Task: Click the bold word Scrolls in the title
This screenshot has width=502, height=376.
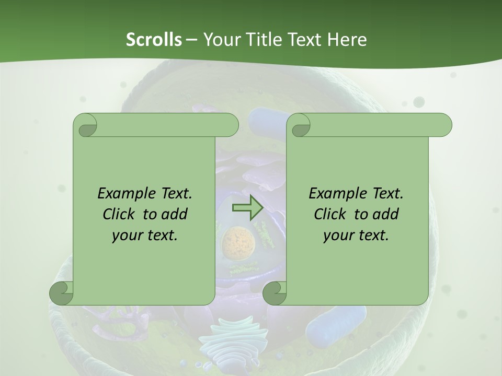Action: (x=154, y=40)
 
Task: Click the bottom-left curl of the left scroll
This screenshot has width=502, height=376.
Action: (x=62, y=292)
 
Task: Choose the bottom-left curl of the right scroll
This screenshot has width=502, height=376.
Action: (x=275, y=292)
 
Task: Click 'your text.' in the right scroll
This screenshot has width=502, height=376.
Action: (x=356, y=236)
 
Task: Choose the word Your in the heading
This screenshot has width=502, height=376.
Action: (x=221, y=40)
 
